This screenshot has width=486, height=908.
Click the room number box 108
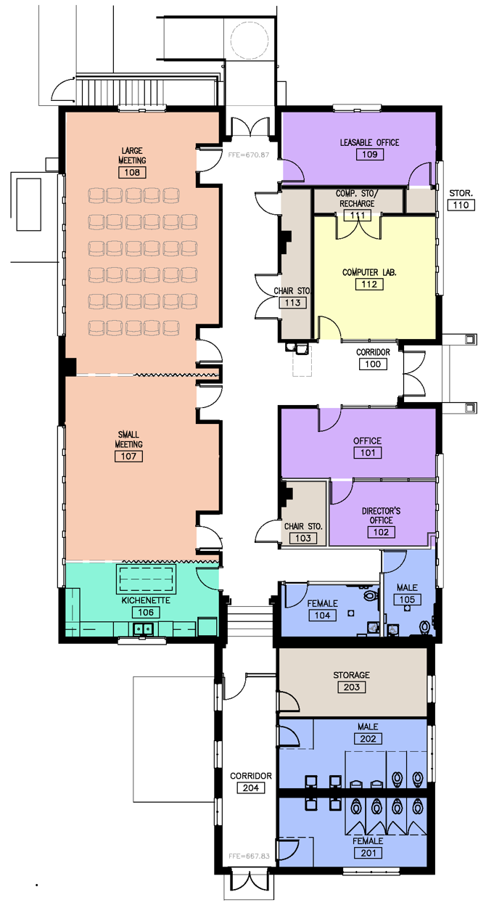(132, 172)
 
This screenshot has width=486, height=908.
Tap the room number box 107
(128, 456)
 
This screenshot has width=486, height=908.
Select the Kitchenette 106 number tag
(146, 612)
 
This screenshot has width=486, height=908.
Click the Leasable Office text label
(369, 142)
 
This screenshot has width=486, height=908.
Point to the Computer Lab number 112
(369, 284)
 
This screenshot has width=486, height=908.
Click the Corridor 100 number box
(373, 364)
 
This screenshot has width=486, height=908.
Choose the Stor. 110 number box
(461, 205)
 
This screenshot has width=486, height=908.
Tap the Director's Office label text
(381, 515)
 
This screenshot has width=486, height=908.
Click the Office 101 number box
(368, 452)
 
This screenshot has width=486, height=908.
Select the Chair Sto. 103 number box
(303, 538)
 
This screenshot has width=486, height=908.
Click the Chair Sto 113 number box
(293, 303)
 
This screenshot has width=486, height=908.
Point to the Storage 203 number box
(352, 687)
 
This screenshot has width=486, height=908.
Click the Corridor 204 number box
(251, 788)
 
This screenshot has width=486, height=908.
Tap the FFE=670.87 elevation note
(249, 155)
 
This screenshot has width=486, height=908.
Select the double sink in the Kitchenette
(143, 629)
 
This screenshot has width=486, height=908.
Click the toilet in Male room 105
(425, 627)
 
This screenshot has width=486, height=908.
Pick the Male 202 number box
(368, 739)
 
